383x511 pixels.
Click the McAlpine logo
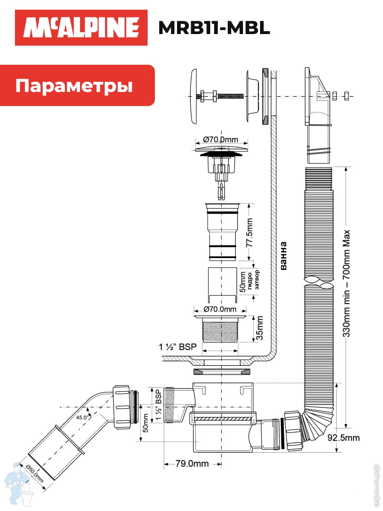coord(81,28)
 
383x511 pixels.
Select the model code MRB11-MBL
coord(214,28)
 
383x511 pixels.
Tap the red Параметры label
coord(74,86)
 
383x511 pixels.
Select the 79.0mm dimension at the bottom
coord(192,463)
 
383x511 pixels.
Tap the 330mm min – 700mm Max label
coord(347,284)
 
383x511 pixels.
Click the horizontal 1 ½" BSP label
coord(178,347)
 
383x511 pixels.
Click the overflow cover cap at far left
coord(192,96)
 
